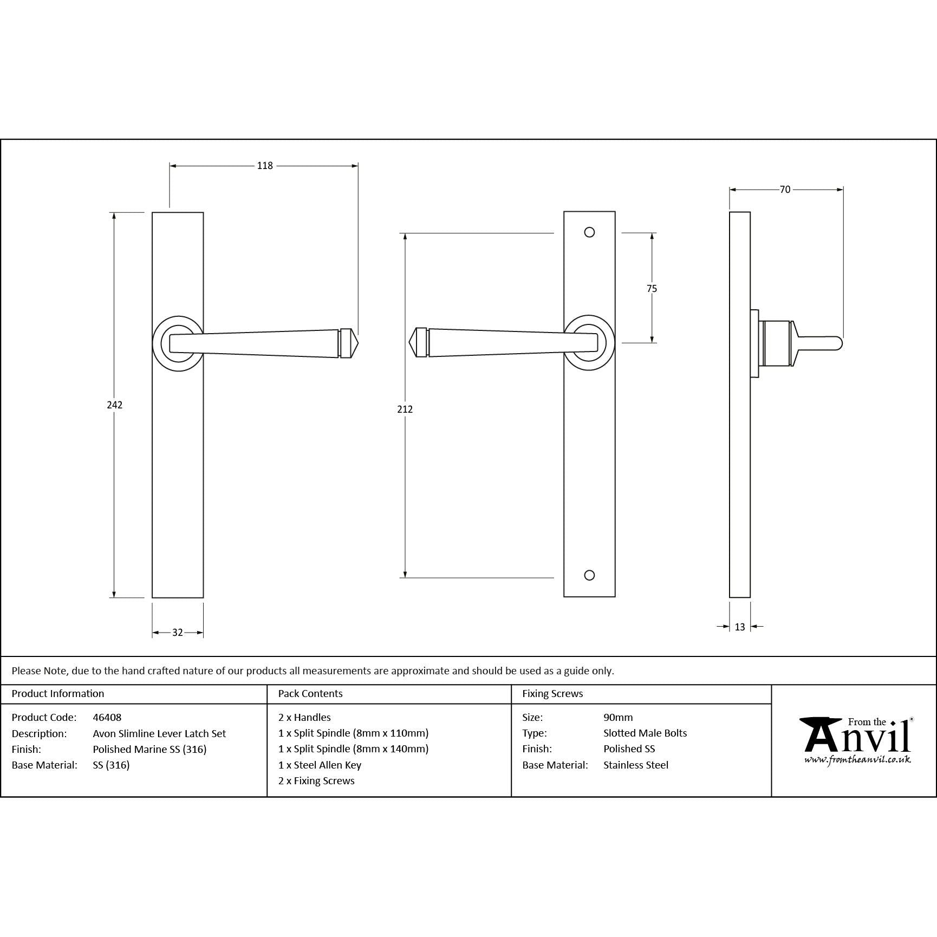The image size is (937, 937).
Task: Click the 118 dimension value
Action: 265,166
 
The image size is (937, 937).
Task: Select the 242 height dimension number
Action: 114,405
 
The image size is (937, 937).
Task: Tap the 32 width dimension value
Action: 178,632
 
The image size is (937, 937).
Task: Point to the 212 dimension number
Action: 405,409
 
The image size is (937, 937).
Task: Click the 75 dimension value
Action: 652,289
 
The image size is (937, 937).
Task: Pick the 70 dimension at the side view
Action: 785,190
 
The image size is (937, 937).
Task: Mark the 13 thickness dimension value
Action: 740,627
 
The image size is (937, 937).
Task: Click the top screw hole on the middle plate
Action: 590,232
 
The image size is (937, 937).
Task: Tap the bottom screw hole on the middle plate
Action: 590,575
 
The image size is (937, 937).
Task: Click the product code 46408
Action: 107,717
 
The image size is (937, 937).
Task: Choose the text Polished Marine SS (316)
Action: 149,749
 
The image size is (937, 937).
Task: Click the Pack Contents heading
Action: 310,693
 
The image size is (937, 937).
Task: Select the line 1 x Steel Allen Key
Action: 320,765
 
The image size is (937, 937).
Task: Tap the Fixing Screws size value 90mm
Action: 618,717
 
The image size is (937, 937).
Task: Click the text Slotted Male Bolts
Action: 645,733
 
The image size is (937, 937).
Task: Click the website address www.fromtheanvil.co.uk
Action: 857,760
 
